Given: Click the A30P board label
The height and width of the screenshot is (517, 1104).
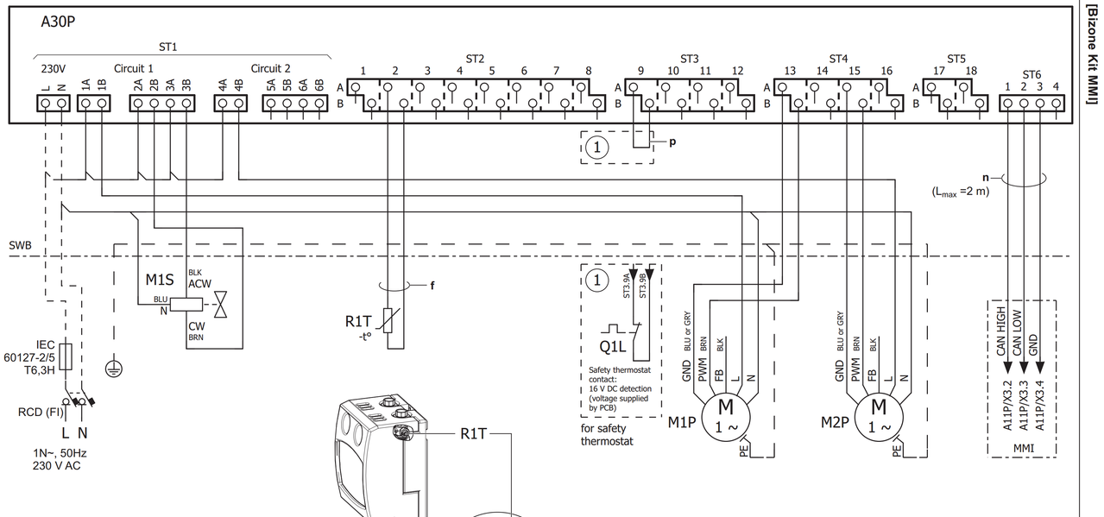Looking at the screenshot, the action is tap(58, 22).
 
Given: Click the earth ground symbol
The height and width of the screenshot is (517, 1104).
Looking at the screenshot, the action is tap(114, 369).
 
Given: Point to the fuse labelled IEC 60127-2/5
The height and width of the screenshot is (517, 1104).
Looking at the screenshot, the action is tap(66, 356).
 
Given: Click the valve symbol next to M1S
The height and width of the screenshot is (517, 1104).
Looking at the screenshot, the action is tap(220, 304).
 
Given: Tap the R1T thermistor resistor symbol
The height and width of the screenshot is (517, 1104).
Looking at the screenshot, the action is tap(388, 320).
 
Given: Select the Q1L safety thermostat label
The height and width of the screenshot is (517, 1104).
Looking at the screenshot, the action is tap(613, 347).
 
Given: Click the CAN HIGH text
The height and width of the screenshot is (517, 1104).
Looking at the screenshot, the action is tap(1000, 331).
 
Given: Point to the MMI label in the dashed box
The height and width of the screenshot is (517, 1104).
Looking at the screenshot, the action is tap(1024, 449).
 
